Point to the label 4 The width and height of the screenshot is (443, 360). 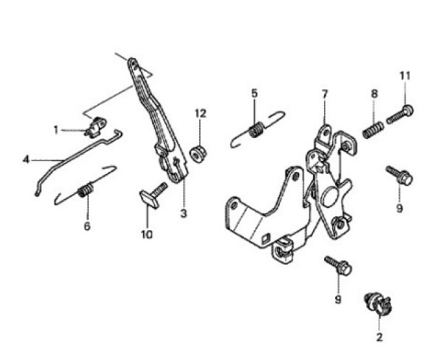pyautogui.click(x=26, y=159)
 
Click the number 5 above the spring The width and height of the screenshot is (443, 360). pyautogui.click(x=254, y=93)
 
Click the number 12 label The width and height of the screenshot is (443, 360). pyautogui.click(x=199, y=113)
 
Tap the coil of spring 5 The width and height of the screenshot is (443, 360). pyautogui.click(x=257, y=131)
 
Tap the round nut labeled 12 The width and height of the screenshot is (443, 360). pyautogui.click(x=198, y=153)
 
